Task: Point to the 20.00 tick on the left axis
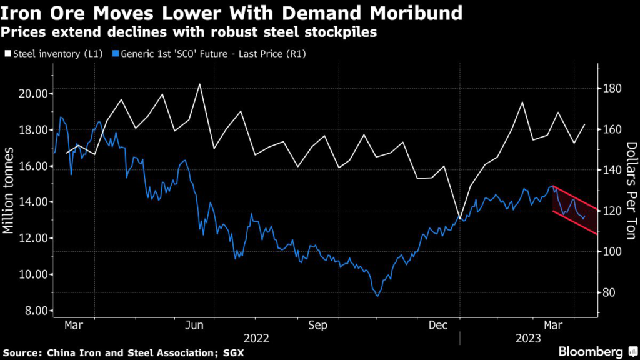point(31,94)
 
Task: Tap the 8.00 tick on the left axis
point(32,311)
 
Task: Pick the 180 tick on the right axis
point(612,89)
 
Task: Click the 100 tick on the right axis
point(612,252)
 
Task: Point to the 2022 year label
point(256,339)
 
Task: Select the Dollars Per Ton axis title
point(630,190)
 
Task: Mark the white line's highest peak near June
point(199,84)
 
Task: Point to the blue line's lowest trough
point(377,296)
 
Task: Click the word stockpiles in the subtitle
point(347,32)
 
